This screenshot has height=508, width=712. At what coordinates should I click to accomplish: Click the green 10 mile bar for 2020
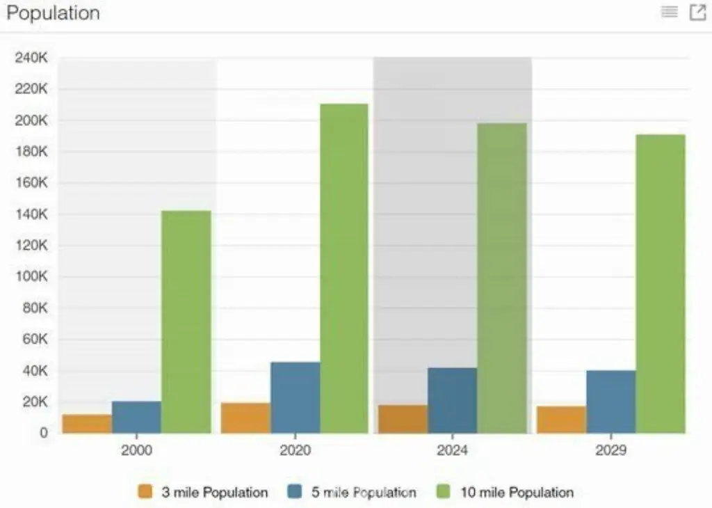pos(344,269)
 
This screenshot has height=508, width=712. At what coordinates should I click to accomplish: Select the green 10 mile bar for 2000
pos(186,322)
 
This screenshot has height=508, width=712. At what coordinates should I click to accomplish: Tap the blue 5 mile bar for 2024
pos(453,400)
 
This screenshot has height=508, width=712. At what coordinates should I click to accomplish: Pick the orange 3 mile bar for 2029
pos(561,420)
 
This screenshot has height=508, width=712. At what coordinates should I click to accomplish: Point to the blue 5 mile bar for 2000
pos(136,417)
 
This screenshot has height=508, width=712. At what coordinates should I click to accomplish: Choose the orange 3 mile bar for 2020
pos(245,418)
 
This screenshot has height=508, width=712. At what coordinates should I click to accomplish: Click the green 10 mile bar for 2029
pos(660,284)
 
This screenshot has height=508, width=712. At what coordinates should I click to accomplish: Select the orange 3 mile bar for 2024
pos(403,419)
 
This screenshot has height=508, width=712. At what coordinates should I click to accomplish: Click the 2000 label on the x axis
pos(136,450)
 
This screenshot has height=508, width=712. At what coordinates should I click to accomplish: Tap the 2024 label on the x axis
pos(453,450)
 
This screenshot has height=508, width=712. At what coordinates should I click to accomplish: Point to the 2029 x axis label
pos(610,450)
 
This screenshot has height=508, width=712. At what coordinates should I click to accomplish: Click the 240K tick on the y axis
pos(31,58)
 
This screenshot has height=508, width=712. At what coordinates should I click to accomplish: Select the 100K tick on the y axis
pos(31,277)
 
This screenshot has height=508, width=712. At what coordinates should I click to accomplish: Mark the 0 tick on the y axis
pos(44,433)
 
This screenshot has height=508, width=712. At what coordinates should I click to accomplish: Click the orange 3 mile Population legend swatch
pos(145,492)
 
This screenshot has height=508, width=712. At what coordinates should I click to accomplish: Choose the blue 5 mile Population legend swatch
pos(295,492)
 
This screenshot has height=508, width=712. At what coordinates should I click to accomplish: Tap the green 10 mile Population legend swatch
pos(444,492)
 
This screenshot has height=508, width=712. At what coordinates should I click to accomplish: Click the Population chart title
pos(53,13)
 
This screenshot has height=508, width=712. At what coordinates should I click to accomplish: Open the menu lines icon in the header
pos(670,12)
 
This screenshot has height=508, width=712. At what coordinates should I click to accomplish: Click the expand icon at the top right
pos(697,12)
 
